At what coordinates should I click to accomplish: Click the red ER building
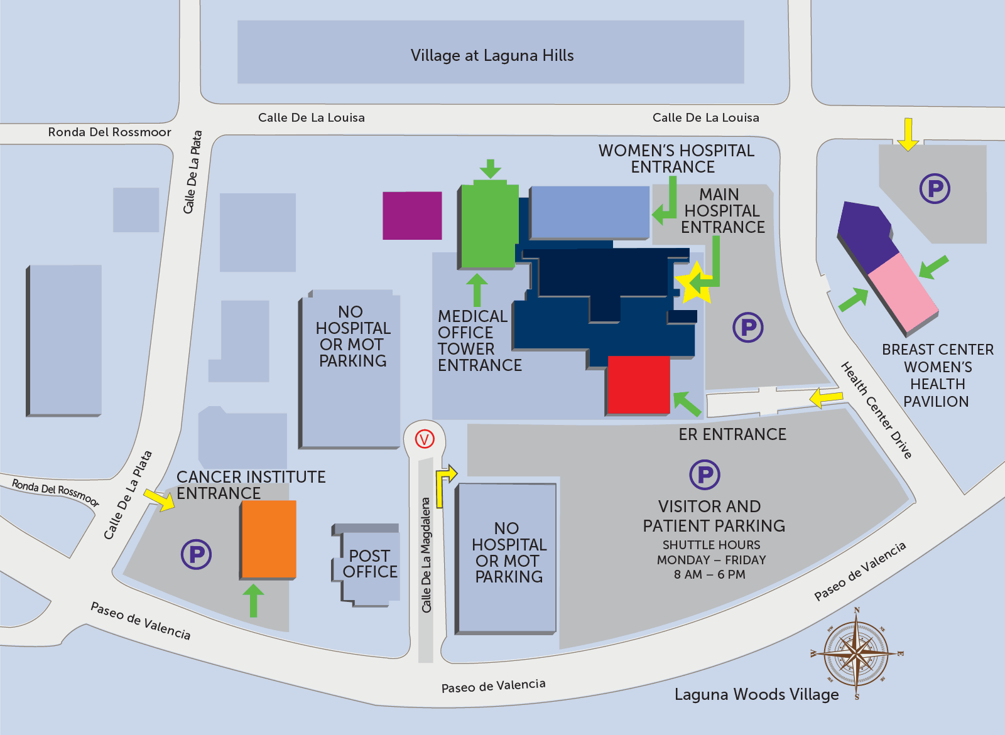pyautogui.click(x=638, y=385)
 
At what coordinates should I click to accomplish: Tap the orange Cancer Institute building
pyautogui.click(x=269, y=539)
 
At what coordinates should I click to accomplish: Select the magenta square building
pyautogui.click(x=412, y=215)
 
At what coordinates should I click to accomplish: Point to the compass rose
pyautogui.click(x=856, y=653)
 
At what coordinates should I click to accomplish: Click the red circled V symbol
pyautogui.click(x=425, y=439)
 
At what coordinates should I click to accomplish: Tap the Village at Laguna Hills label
pyautogui.click(x=492, y=55)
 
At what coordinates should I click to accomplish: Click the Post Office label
pyautogui.click(x=371, y=564)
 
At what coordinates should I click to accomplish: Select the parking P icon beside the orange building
pyautogui.click(x=196, y=554)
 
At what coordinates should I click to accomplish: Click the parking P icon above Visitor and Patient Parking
pyautogui.click(x=705, y=475)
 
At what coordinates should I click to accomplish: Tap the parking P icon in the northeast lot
pyautogui.click(x=935, y=188)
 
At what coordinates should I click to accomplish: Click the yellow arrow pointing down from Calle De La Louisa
pyautogui.click(x=908, y=134)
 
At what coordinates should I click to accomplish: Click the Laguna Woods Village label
pyautogui.click(x=756, y=694)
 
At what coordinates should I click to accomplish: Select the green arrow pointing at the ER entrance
pyautogui.click(x=687, y=404)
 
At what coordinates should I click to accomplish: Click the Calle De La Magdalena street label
pyautogui.click(x=426, y=555)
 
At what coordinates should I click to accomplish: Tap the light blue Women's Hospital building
pyautogui.click(x=589, y=212)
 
